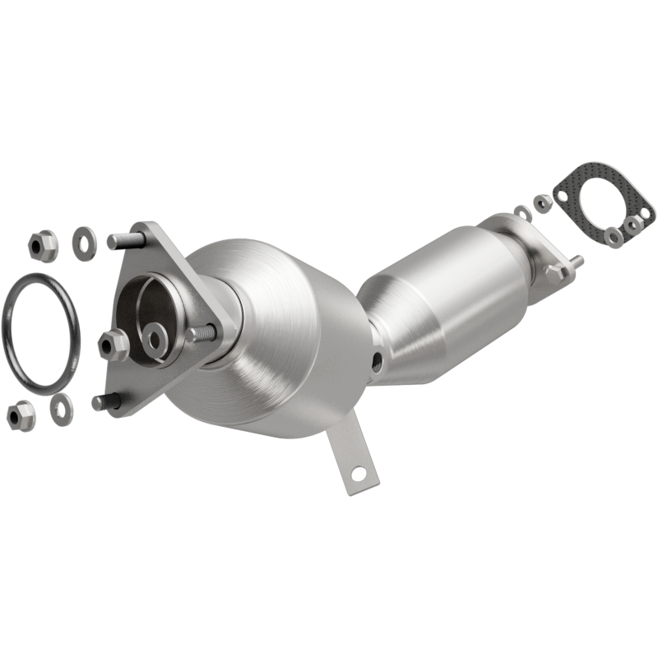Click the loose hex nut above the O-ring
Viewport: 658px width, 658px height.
click(42, 244)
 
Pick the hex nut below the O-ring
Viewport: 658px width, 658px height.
click(21, 415)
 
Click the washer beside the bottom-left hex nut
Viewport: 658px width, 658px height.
click(62, 408)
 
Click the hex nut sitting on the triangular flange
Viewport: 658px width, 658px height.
click(113, 344)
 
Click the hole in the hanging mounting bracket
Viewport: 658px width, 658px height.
click(358, 474)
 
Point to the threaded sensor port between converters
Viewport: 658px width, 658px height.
click(376, 360)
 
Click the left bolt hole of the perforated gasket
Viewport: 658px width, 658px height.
click(562, 195)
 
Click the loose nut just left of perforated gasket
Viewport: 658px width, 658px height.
click(542, 202)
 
